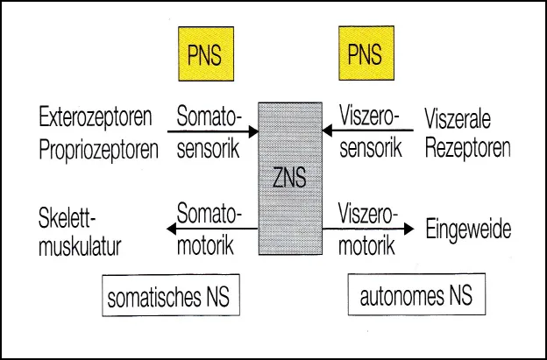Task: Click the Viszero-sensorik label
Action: click(369, 132)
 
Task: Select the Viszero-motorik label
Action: click(369, 229)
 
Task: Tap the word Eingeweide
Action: click(467, 229)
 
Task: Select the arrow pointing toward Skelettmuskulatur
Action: click(210, 230)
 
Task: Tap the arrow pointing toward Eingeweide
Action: click(368, 230)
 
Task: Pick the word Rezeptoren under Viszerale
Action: click(467, 148)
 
